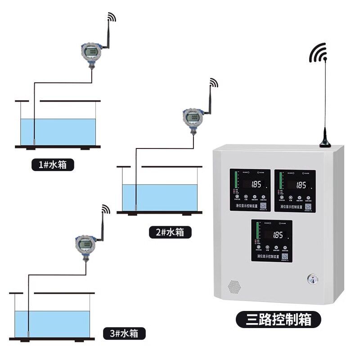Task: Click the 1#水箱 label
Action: tap(53, 165)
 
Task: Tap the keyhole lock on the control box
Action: tap(311, 279)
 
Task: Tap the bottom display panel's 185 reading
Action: tap(278, 235)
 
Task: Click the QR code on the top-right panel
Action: tap(309, 207)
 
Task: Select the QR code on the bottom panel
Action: tap(285, 257)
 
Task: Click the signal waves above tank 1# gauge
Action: tap(112, 17)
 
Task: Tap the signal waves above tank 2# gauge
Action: tap(213, 83)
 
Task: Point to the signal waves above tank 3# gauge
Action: tap(106, 209)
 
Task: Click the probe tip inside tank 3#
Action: tap(28, 334)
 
